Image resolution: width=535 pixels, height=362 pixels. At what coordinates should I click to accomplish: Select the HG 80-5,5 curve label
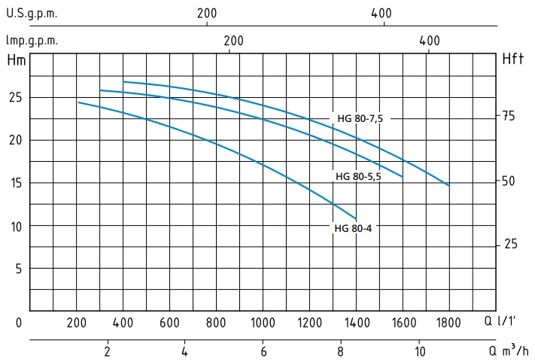358,176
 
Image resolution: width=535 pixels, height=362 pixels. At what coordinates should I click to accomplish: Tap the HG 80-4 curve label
353,228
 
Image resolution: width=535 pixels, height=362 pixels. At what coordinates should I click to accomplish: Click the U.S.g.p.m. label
31,14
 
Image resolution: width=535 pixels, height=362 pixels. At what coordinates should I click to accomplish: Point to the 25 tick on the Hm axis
16,98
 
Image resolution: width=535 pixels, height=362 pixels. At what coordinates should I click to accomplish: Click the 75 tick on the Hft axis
509,116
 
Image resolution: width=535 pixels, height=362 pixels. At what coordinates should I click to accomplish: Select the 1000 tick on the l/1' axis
263,323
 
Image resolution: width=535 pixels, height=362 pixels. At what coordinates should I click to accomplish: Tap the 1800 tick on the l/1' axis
448,323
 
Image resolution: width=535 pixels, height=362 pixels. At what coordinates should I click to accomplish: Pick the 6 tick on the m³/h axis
263,351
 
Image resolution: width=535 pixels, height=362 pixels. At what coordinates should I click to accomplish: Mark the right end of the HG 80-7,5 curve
449,185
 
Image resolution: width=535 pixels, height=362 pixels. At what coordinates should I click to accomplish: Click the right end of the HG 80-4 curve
356,219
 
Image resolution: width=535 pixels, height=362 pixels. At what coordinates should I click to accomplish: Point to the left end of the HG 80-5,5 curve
100,90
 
